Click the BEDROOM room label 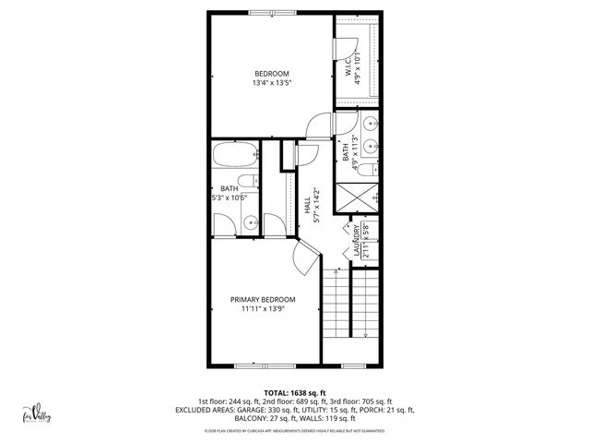272,74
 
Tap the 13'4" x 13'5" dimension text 272,84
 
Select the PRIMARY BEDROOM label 263,300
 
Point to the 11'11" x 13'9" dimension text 263,310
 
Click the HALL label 307,204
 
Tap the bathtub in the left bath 235,156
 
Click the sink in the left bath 250,221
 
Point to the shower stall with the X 354,196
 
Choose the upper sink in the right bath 369,123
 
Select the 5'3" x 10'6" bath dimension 230,196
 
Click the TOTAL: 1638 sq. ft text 294,392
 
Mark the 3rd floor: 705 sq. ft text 362,401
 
